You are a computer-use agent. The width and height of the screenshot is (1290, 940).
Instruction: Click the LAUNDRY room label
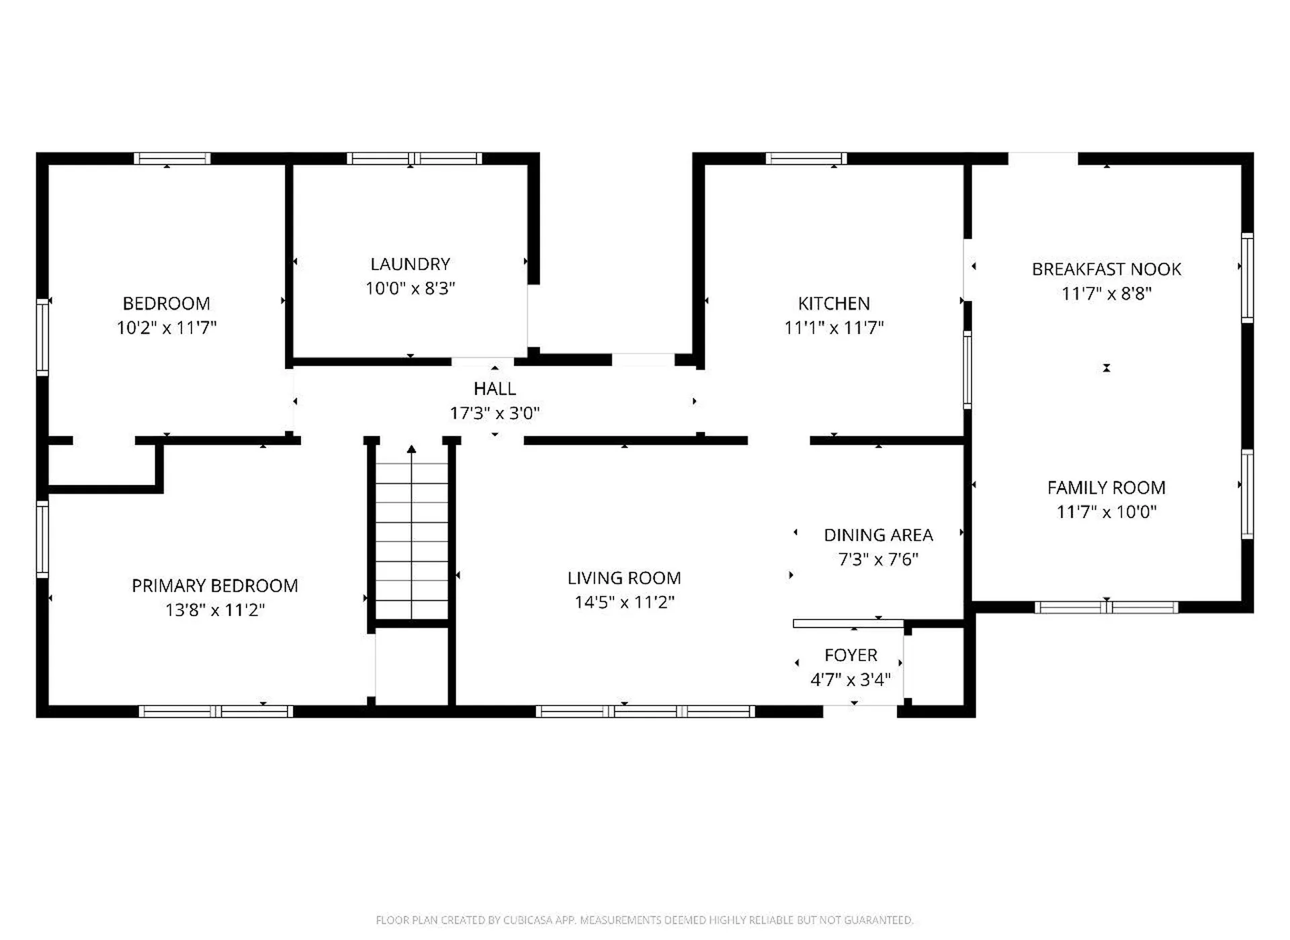(410, 264)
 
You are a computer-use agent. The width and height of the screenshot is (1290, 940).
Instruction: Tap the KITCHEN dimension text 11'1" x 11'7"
(834, 328)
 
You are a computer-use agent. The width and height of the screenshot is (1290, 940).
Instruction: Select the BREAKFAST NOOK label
(1106, 269)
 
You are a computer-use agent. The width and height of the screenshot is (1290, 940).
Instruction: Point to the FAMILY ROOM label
(1106, 488)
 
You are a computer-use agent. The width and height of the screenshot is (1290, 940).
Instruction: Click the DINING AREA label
(878, 536)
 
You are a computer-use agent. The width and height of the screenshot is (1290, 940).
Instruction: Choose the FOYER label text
(851, 655)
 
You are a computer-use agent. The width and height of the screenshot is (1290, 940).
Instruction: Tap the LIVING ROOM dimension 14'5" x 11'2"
(624, 602)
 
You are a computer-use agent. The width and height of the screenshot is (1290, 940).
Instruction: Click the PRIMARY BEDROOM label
(215, 586)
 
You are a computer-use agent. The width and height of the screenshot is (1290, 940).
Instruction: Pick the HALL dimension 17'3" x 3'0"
(494, 413)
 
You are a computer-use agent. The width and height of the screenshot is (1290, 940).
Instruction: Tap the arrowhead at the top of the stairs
(411, 449)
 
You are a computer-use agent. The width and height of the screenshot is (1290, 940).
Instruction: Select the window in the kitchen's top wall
(806, 159)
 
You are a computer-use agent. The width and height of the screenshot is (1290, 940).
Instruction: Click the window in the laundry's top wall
(414, 159)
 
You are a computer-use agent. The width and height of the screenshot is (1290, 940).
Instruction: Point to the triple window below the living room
(645, 712)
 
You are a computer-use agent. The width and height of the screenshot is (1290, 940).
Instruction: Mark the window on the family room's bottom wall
(1106, 607)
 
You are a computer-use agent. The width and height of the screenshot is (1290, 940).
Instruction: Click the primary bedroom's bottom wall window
(216, 712)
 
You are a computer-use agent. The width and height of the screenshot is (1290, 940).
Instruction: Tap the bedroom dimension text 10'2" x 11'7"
(167, 328)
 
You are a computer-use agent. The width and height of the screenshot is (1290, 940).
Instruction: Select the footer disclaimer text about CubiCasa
(644, 920)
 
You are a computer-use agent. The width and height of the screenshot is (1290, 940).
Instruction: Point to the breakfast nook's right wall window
(1247, 277)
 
